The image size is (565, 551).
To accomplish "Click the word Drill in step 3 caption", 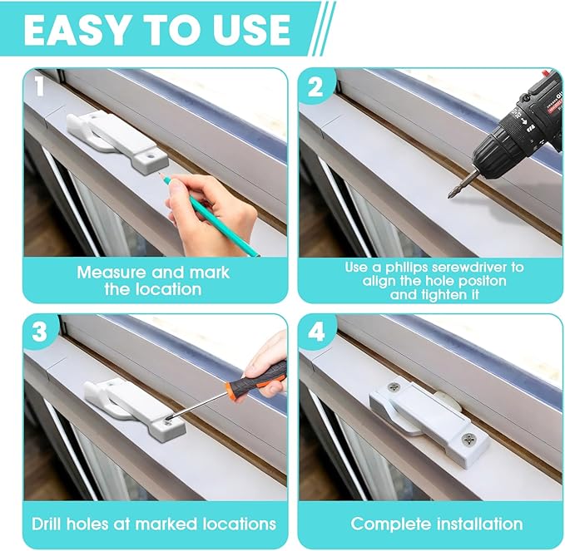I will [x=52, y=524].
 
